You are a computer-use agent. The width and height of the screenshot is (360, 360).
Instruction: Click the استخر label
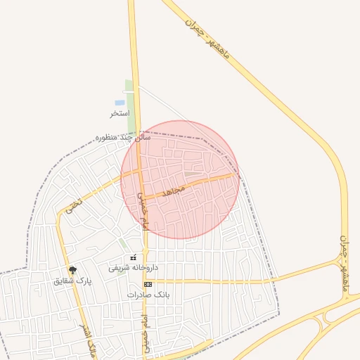coord(120,113)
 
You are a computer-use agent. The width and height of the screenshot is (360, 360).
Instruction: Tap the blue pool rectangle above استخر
coord(120,103)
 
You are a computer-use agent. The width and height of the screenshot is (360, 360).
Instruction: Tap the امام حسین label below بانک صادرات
coord(146,330)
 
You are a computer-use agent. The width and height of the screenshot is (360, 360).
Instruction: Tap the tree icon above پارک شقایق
coord(72,269)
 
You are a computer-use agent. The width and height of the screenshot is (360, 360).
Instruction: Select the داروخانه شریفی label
coord(134,268)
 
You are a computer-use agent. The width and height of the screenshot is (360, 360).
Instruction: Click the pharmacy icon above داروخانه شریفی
coord(134,258)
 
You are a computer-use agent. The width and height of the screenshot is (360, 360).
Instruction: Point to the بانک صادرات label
coord(149,295)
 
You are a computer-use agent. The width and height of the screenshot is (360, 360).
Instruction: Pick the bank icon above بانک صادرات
coord(148,284)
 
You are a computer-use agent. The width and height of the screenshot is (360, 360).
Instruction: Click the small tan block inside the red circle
coord(191,174)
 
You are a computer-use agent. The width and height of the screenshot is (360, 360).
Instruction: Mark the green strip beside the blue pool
coord(130,105)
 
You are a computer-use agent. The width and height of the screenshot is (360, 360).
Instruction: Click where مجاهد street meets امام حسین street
coord(141,195)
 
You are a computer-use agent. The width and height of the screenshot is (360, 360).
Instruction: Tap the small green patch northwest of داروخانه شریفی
coord(124,243)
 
